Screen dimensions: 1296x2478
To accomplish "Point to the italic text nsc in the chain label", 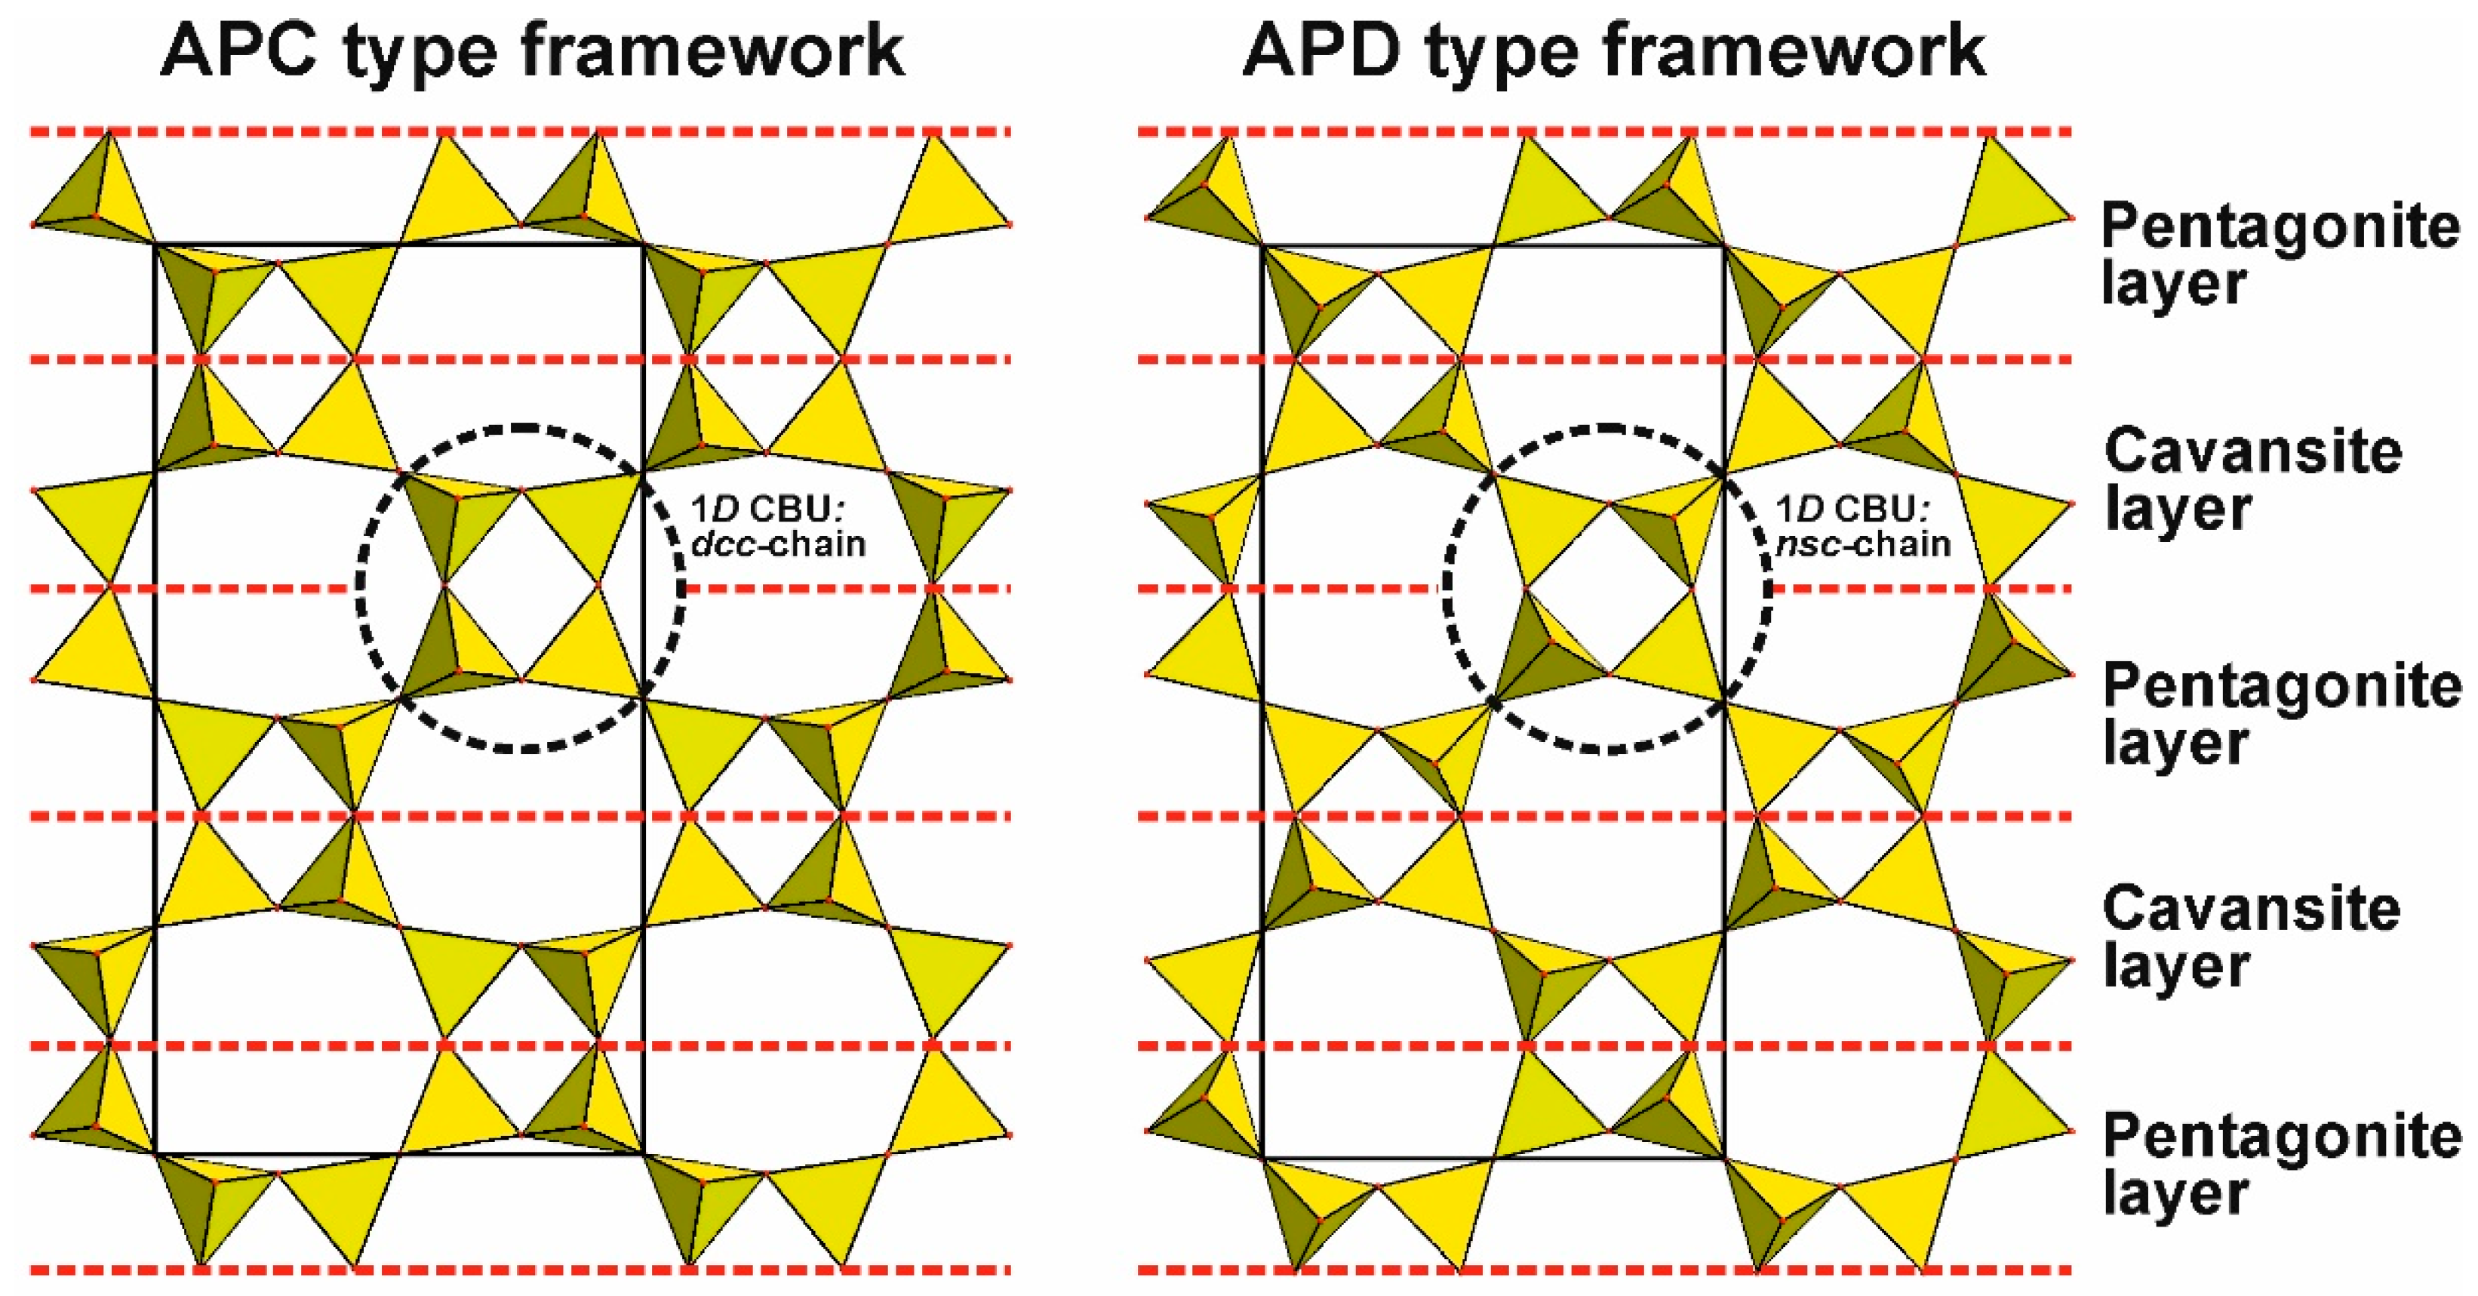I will pos(1807,544).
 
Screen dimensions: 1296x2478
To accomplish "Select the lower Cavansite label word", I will pos(2251,910).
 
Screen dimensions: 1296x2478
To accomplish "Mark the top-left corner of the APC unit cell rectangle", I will pos(155,245).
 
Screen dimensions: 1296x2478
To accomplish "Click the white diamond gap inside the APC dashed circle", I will pos(521,585).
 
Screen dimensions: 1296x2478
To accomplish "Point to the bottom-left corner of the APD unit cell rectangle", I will pos(1261,1157).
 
